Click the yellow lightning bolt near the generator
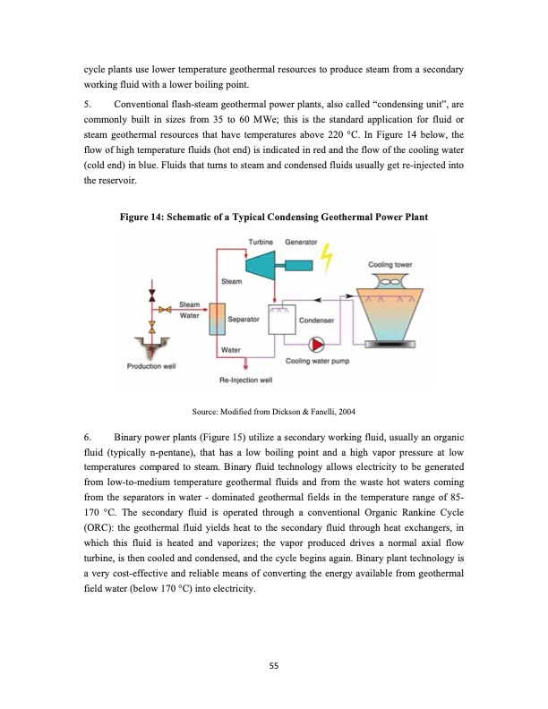pos(327,257)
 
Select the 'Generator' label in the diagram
pos(301,243)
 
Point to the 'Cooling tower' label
pos(390,264)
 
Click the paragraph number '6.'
pos(89,437)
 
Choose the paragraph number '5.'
pos(89,102)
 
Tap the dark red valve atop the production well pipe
pos(153,295)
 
